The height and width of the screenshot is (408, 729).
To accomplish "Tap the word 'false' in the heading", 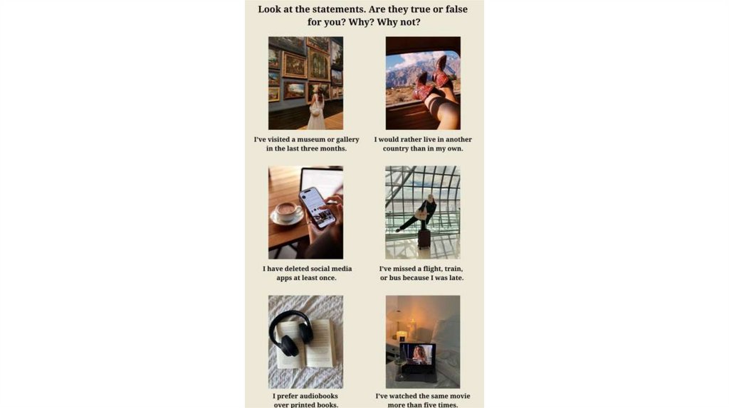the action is click(x=452, y=9).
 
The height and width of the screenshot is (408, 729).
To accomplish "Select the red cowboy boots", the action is click(x=433, y=78).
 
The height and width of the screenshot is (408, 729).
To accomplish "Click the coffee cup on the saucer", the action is click(x=286, y=211).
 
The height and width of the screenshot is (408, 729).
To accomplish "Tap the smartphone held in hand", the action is click(x=318, y=208).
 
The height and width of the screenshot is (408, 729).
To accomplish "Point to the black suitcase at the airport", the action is click(x=424, y=237).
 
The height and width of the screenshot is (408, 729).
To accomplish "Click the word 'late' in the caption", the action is click(x=456, y=278).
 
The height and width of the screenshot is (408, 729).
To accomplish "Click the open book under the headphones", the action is click(x=306, y=343).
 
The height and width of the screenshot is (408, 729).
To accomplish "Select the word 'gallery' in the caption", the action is click(x=347, y=140).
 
